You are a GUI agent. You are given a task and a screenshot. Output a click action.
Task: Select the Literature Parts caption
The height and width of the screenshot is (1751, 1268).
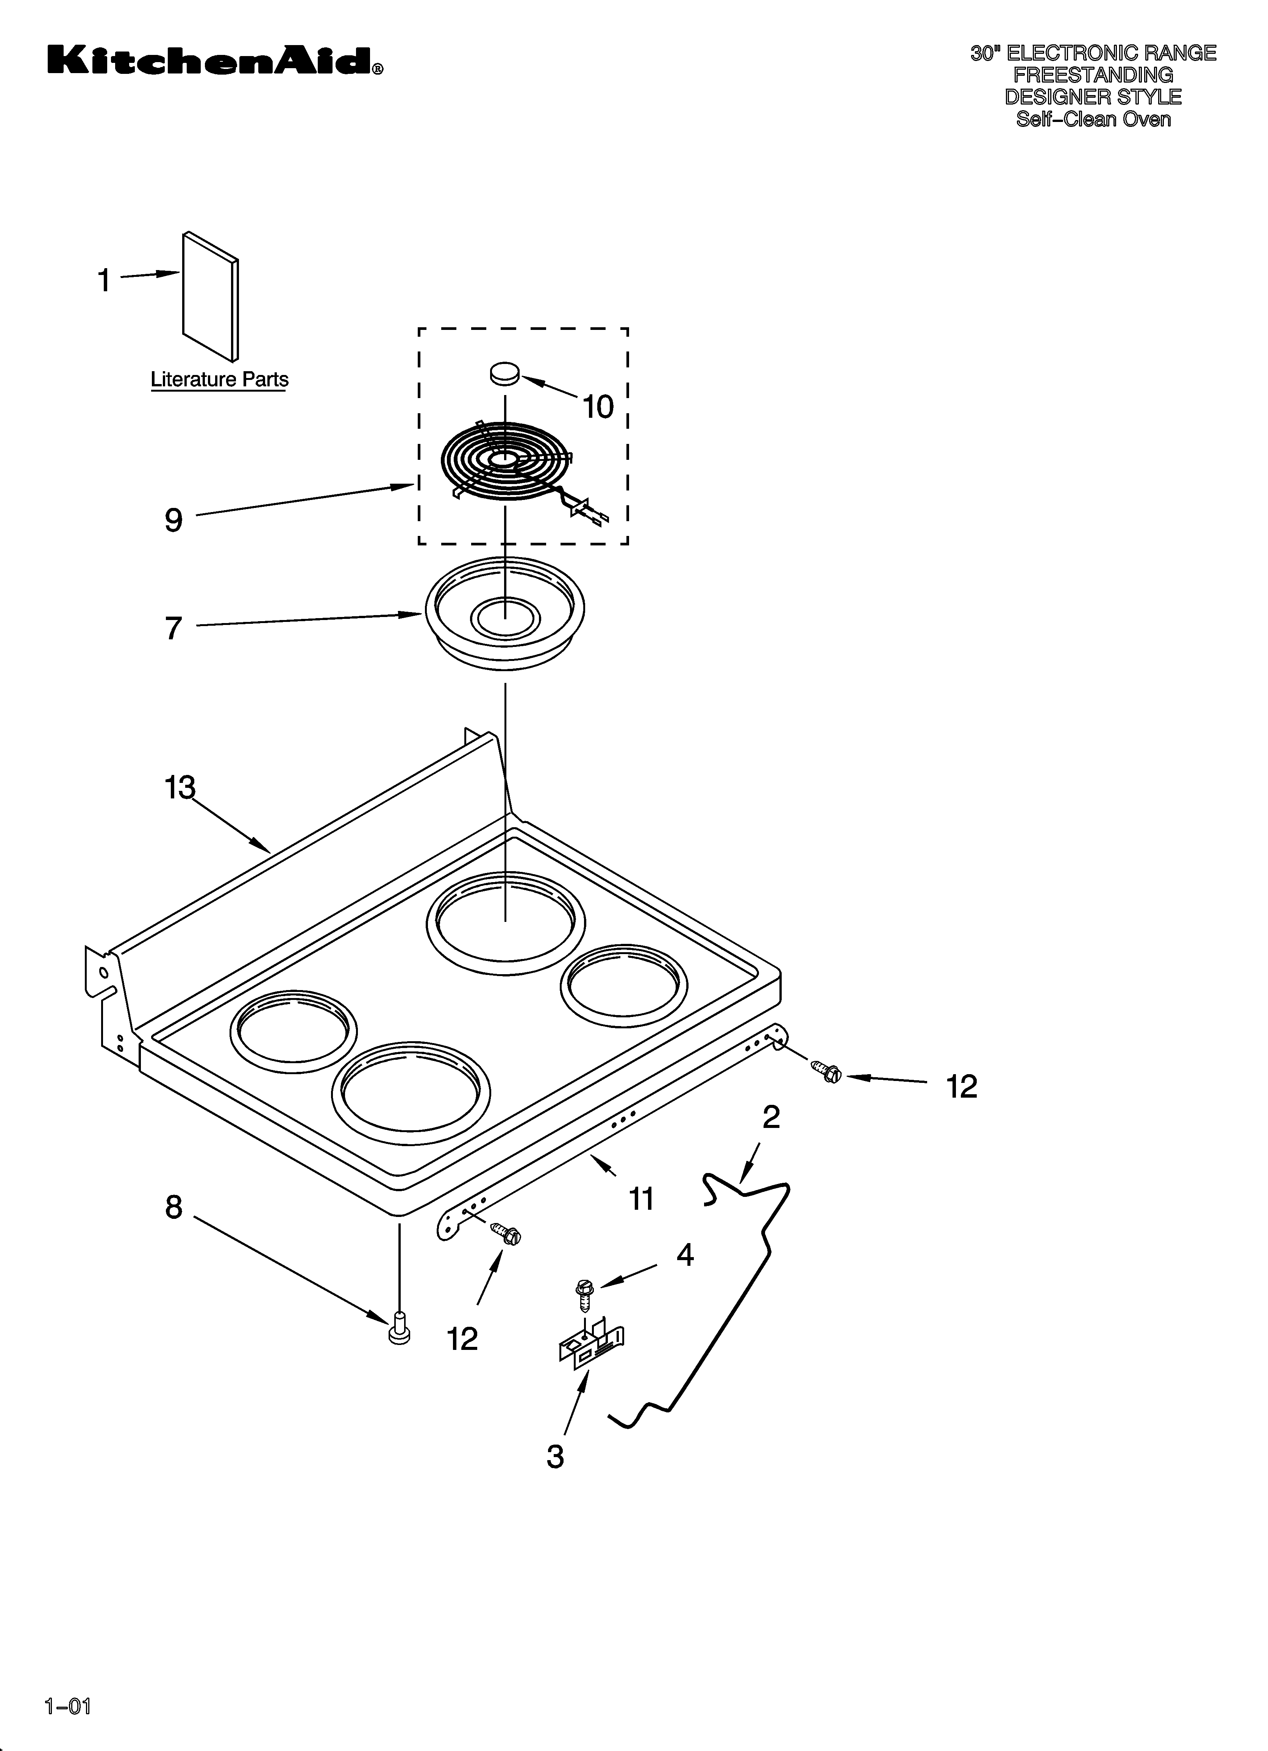(x=219, y=380)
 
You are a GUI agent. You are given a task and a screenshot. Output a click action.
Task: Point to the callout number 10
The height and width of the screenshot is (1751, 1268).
(x=598, y=407)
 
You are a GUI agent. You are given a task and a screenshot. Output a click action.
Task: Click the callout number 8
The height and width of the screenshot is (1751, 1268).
(x=174, y=1207)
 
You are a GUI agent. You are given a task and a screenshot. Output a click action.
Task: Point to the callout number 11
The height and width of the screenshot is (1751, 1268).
(x=642, y=1199)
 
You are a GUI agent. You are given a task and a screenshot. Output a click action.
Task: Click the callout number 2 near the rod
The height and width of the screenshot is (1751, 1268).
(x=771, y=1117)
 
